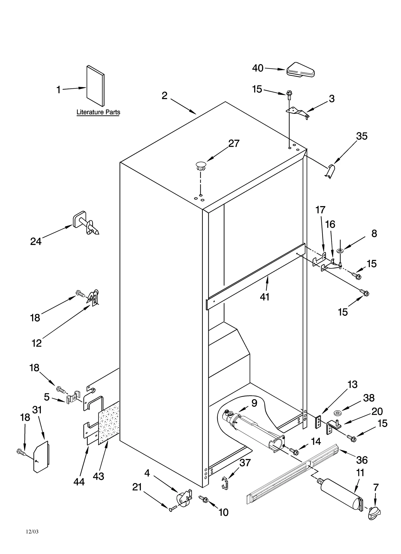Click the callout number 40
[258, 68]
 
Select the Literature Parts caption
[98, 112]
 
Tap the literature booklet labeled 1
[95, 86]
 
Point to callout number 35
[362, 136]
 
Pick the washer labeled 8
[340, 251]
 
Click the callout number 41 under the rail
[265, 297]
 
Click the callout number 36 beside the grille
[362, 460]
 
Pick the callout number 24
[36, 242]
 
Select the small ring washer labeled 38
[336, 412]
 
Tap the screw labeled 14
[294, 451]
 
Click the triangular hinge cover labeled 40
[300, 70]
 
